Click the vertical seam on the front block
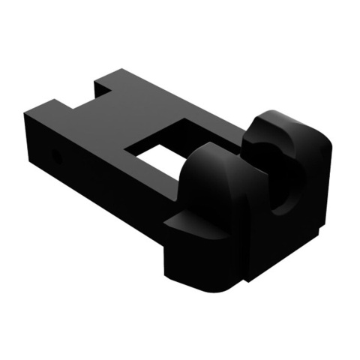click(x=241, y=240)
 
